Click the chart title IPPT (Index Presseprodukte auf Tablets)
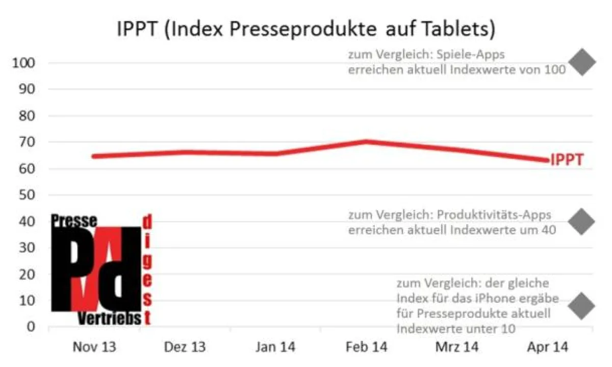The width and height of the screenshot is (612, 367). click(x=306, y=30)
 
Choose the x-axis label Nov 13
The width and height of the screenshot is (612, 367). click(x=94, y=348)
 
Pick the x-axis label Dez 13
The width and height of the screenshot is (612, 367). click(x=185, y=348)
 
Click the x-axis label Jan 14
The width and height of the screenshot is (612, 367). click(x=275, y=348)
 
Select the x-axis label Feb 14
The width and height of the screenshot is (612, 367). click(x=366, y=348)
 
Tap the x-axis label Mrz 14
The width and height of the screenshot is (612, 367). click(x=457, y=348)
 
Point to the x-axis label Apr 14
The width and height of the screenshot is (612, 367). click(x=548, y=348)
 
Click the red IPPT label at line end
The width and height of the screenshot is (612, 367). click(x=567, y=160)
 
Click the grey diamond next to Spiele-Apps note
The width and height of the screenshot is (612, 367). click(x=582, y=62)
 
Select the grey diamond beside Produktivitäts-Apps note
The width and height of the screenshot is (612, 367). click(x=582, y=221)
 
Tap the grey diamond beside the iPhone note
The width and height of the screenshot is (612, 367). click(x=582, y=305)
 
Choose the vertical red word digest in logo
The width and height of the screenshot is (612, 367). click(x=147, y=271)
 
